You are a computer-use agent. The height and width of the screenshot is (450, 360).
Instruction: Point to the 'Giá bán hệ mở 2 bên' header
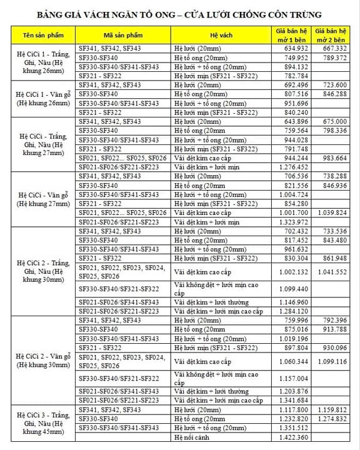[x=331, y=34]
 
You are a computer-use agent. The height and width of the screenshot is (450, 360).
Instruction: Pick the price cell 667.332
[x=334, y=48]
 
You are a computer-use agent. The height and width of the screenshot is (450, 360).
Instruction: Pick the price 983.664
[x=334, y=159]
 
